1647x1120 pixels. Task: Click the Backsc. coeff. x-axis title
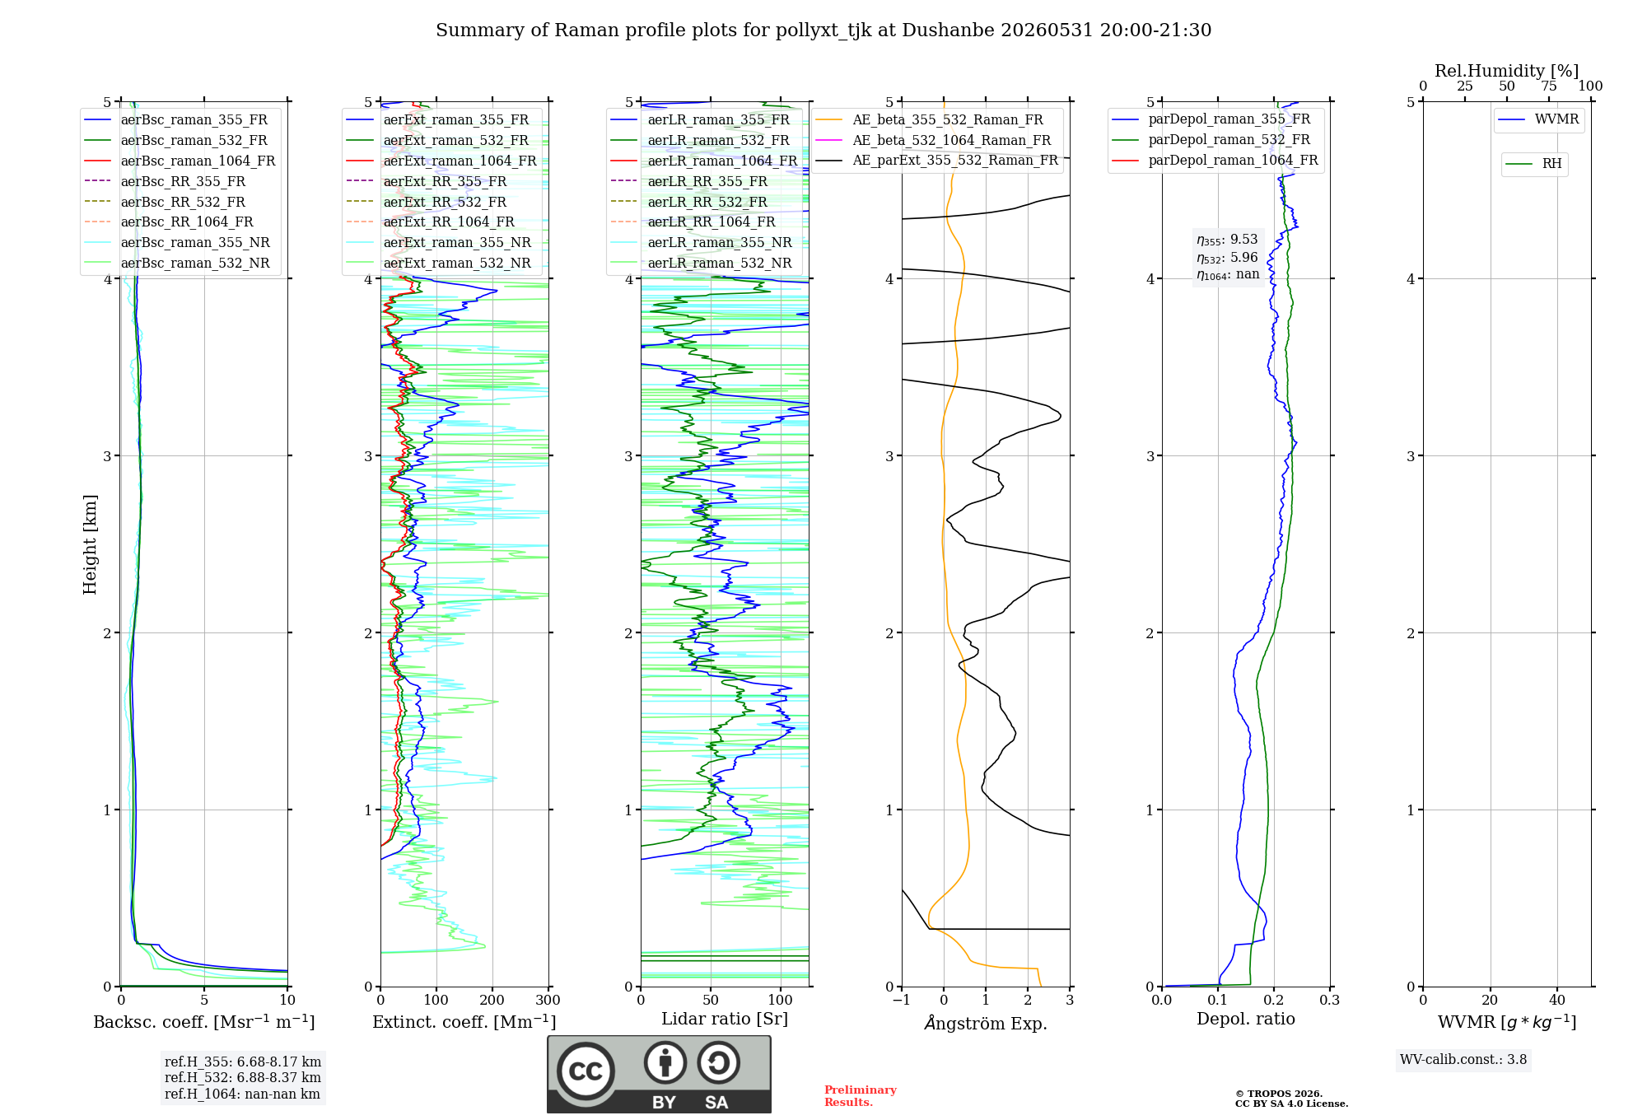point(204,1022)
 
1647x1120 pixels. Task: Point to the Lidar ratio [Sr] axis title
point(725,1019)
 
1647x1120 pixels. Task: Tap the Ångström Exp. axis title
point(986,1023)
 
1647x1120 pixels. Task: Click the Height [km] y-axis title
point(90,544)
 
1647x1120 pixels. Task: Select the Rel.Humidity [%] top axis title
point(1507,71)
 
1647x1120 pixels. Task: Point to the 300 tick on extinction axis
point(548,1001)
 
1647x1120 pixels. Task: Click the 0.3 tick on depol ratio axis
point(1330,1001)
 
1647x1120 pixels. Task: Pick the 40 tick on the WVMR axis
point(1557,1001)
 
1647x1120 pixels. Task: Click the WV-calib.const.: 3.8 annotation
point(1463,1060)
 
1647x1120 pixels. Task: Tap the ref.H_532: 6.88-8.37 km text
point(243,1077)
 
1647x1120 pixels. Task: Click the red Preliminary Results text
point(861,1096)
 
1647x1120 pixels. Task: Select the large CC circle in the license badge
point(586,1071)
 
